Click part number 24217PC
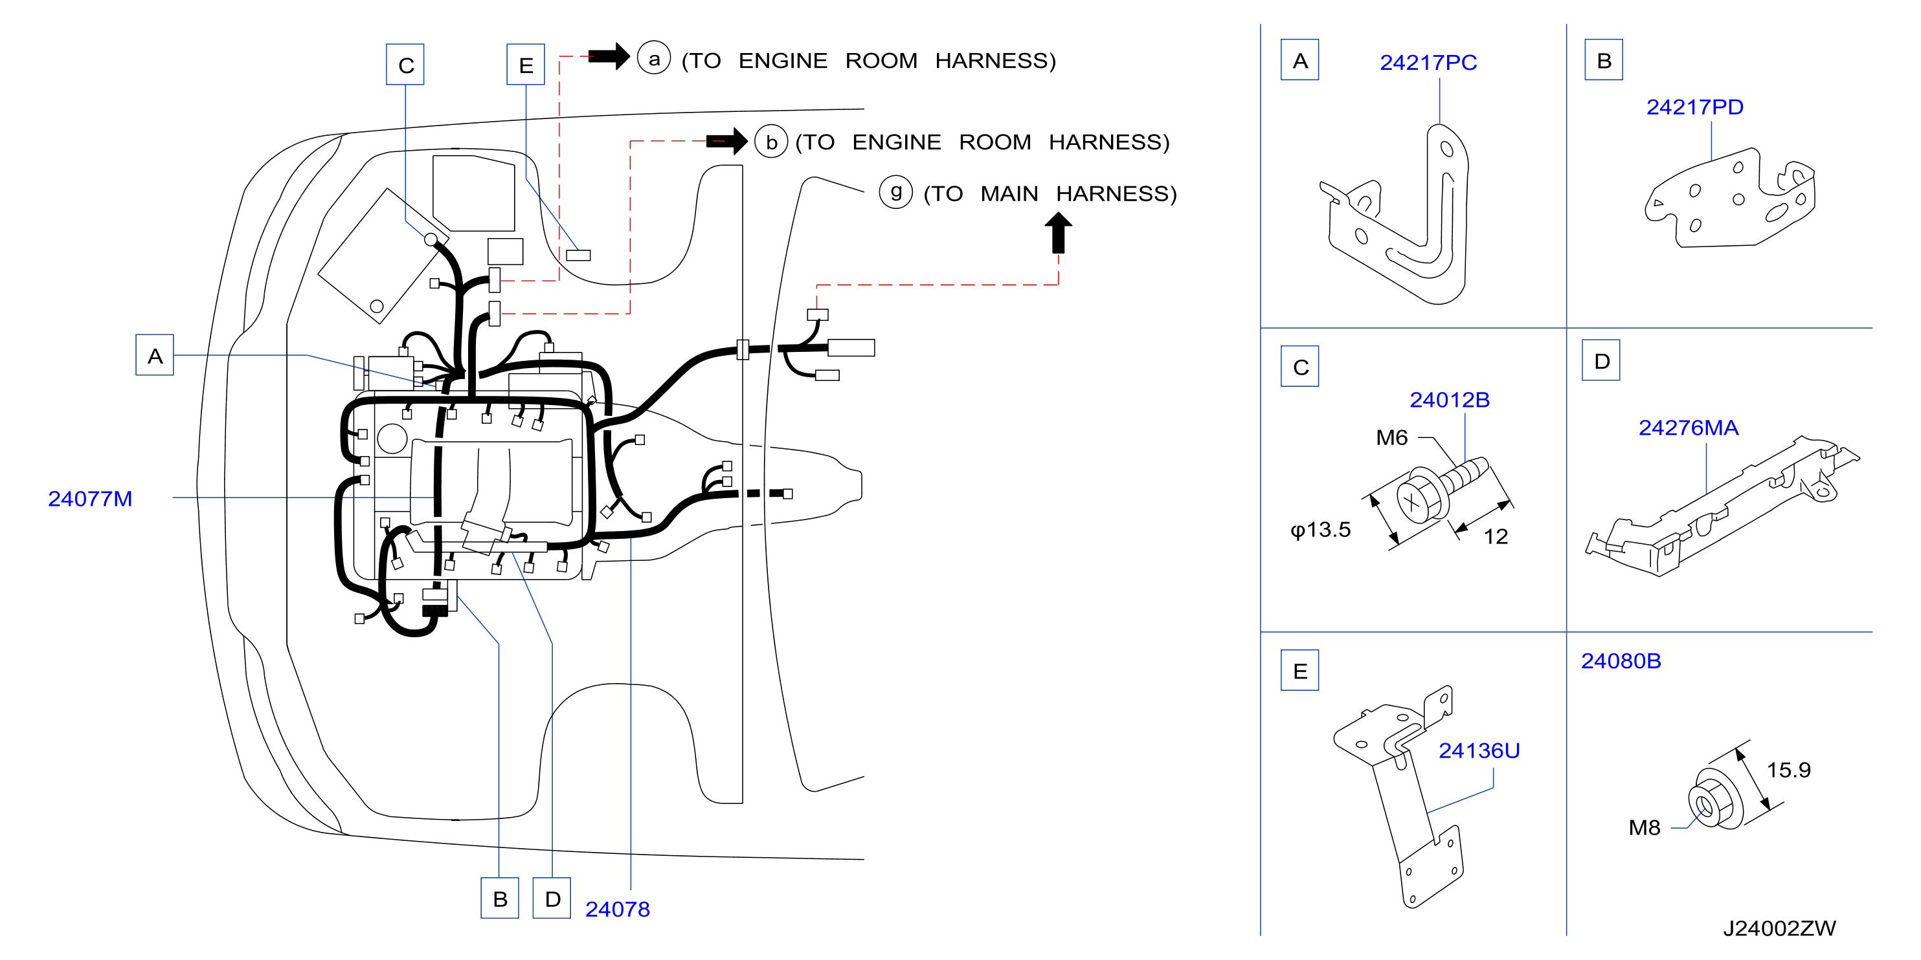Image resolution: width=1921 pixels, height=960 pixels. pyautogui.click(x=1428, y=63)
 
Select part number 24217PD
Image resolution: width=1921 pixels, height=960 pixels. pyautogui.click(x=1694, y=107)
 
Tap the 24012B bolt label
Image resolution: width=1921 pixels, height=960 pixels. pyautogui.click(x=1449, y=400)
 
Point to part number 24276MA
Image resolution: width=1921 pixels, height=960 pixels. pyautogui.click(x=1689, y=428)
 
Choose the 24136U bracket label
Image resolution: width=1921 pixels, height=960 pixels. pyautogui.click(x=1479, y=750)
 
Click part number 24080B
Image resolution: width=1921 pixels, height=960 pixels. pyautogui.click(x=1621, y=661)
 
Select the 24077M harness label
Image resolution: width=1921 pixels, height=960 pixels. pyautogui.click(x=90, y=499)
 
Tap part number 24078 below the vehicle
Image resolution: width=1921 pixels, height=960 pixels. pyautogui.click(x=618, y=910)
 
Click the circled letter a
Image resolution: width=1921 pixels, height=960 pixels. pyautogui.click(x=654, y=59)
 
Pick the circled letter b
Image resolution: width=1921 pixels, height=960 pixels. pyautogui.click(x=771, y=141)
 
